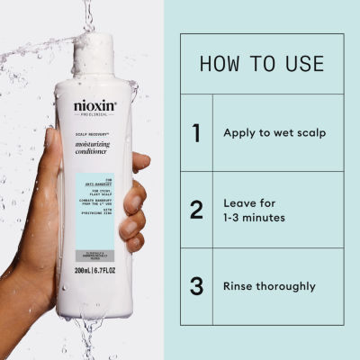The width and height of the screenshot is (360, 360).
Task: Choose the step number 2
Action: point(196,210)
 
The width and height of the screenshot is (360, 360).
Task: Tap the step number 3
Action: point(196,286)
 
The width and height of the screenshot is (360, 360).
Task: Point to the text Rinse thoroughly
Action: point(269,287)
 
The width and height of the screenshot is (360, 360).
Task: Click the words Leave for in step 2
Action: point(248,202)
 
